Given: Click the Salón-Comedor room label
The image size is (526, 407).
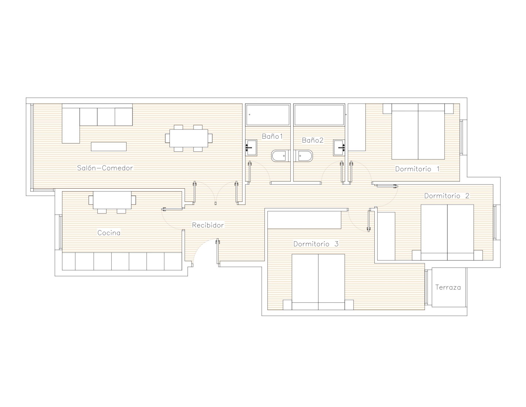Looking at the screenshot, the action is [x=105, y=168].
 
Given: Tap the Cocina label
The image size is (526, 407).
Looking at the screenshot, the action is [x=109, y=233].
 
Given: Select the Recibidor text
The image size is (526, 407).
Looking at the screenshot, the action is [x=208, y=225].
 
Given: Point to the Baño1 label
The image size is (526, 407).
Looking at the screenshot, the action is [x=272, y=136].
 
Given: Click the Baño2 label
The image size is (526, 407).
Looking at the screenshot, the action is [x=313, y=140].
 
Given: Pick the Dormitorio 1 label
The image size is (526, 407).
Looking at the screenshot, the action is [x=417, y=169].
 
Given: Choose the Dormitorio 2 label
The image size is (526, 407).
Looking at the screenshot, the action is [x=446, y=196].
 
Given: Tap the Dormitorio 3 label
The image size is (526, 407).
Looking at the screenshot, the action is [x=316, y=244].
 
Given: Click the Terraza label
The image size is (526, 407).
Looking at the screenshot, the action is [x=448, y=287].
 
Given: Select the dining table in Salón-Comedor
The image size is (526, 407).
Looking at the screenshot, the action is [x=189, y=138].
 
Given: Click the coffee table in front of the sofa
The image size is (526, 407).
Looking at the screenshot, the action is [x=109, y=147].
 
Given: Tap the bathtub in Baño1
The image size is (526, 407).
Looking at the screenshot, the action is [x=268, y=115].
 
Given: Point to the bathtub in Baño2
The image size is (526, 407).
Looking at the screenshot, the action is [x=319, y=115].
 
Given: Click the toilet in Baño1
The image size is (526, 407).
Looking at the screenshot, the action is [x=280, y=156].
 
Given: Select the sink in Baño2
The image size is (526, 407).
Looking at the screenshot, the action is [x=339, y=148].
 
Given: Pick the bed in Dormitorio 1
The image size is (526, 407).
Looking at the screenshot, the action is [x=418, y=131].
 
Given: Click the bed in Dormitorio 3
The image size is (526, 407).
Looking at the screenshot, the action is [x=318, y=282].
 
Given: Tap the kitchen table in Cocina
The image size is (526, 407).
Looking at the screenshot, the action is [x=112, y=200].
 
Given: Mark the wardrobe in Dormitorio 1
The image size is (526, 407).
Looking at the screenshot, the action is [x=357, y=127].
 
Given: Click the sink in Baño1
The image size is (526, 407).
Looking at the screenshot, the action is [x=251, y=148].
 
